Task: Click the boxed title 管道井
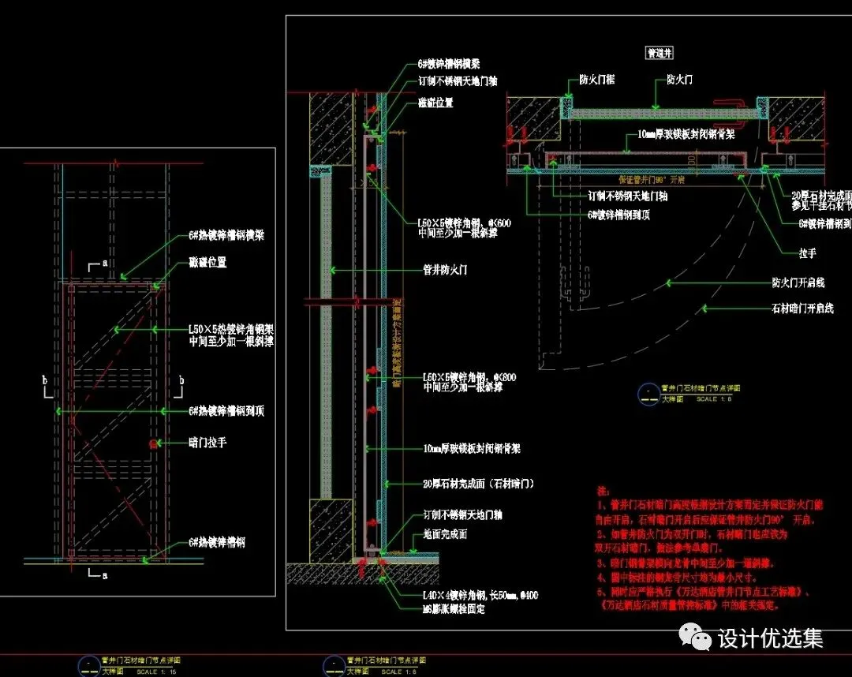coord(659,53)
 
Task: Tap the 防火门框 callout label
coord(596,80)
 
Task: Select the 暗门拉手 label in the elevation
coord(207,443)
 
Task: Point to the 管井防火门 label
coord(446,270)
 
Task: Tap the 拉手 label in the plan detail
coord(806,253)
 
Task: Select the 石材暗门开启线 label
coord(802,309)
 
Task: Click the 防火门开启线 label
coord(798,282)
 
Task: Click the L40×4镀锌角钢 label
coord(480,595)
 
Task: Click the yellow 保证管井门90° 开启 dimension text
coord(651,180)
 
